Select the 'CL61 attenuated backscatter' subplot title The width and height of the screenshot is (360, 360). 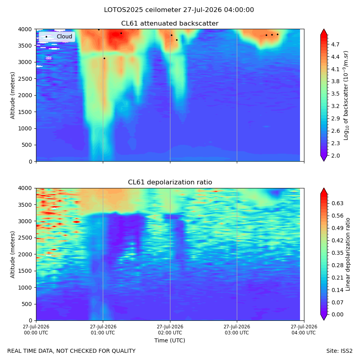click(x=170, y=24)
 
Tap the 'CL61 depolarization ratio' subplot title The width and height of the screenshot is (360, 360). click(x=170, y=182)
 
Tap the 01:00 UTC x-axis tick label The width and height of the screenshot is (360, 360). click(x=103, y=330)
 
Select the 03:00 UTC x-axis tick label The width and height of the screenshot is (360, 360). click(x=237, y=330)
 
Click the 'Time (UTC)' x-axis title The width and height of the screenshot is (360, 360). click(x=170, y=340)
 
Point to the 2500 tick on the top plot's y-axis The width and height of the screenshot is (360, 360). click(x=25, y=79)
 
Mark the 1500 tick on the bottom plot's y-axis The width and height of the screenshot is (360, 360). click(x=25, y=271)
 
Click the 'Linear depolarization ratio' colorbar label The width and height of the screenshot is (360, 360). click(x=348, y=254)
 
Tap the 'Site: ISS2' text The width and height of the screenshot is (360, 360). click(x=339, y=351)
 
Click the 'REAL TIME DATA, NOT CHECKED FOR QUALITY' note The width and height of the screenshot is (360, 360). click(x=72, y=351)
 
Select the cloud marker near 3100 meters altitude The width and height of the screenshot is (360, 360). click(x=104, y=58)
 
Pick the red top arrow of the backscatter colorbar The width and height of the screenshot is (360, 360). click(x=324, y=32)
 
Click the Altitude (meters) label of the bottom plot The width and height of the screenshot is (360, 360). click(x=12, y=254)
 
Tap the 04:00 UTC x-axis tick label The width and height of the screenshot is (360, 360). click(x=304, y=330)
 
